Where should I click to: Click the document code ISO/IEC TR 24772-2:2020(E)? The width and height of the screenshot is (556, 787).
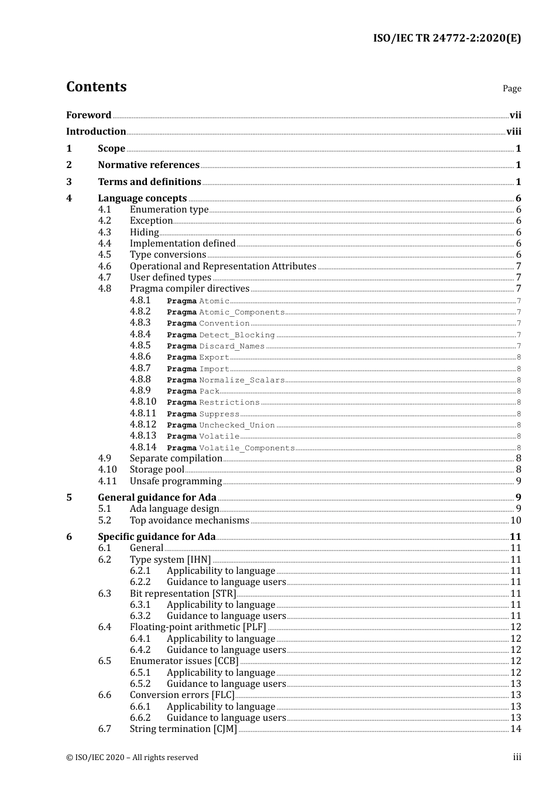point(447,38)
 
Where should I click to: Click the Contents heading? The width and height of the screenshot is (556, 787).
point(96,87)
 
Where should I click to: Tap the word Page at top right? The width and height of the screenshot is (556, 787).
point(512,88)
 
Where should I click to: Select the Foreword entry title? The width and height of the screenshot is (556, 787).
point(88,115)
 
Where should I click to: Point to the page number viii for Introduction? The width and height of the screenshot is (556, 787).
point(513,132)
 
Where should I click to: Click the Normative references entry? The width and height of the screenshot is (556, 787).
point(149,165)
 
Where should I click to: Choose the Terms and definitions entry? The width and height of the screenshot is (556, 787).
point(149,182)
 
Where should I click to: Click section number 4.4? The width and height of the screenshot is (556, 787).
point(104,244)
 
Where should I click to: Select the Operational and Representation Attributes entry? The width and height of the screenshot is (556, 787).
point(223,266)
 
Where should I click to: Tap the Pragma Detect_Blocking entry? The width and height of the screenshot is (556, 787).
point(221,335)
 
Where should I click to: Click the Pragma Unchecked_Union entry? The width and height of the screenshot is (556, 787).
point(221,425)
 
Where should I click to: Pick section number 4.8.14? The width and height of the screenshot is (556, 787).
point(143,447)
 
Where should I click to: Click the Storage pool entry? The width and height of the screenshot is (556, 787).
point(157,470)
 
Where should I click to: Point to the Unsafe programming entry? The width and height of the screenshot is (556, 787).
point(176,481)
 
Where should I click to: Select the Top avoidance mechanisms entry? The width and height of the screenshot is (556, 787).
point(190,521)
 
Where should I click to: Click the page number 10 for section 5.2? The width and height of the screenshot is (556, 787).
point(516,521)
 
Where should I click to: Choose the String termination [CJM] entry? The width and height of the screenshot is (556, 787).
point(183,729)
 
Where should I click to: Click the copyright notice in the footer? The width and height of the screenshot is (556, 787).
point(132,758)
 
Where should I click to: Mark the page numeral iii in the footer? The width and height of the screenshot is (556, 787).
point(517,757)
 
